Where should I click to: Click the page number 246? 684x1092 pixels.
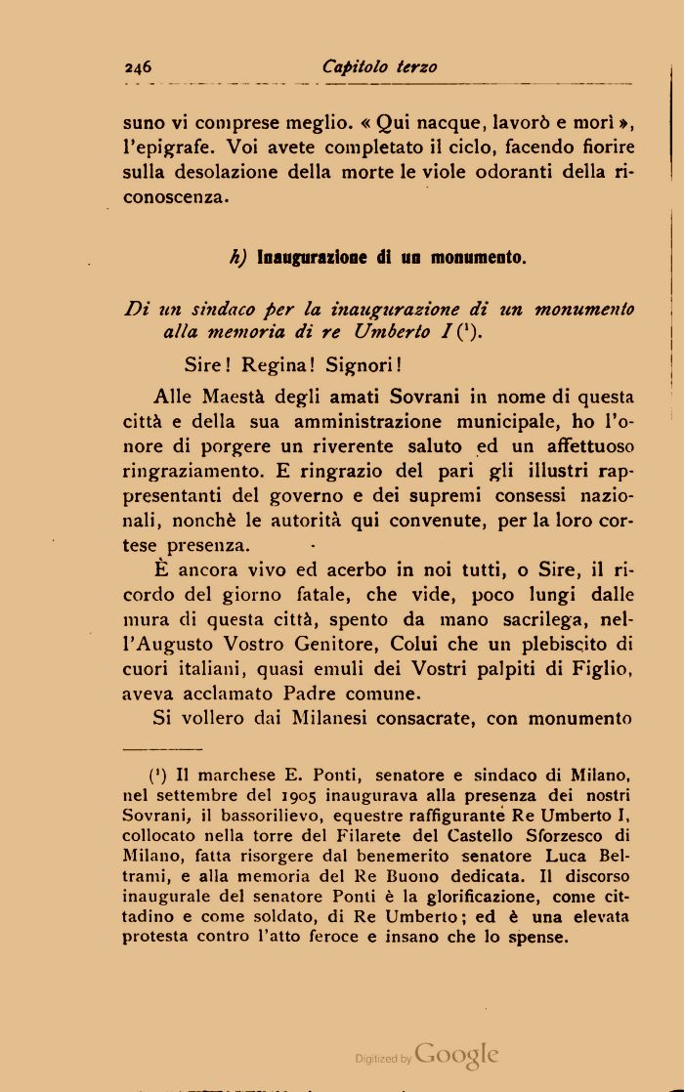click(138, 67)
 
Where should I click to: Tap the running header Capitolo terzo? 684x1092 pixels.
click(379, 66)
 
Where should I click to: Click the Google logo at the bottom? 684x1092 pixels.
click(456, 1055)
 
